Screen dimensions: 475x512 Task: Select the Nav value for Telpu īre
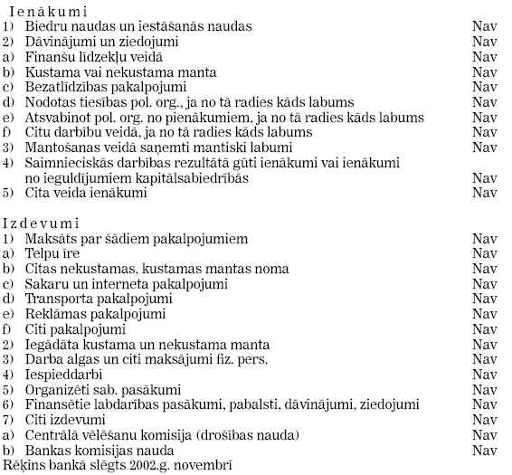click(485, 254)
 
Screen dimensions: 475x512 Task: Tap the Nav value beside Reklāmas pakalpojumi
click(485, 314)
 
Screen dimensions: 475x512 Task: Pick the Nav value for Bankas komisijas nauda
click(485, 450)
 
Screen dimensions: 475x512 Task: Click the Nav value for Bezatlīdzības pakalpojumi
click(485, 88)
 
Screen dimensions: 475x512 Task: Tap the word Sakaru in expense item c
click(43, 284)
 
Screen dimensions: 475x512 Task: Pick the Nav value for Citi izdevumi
click(485, 420)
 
